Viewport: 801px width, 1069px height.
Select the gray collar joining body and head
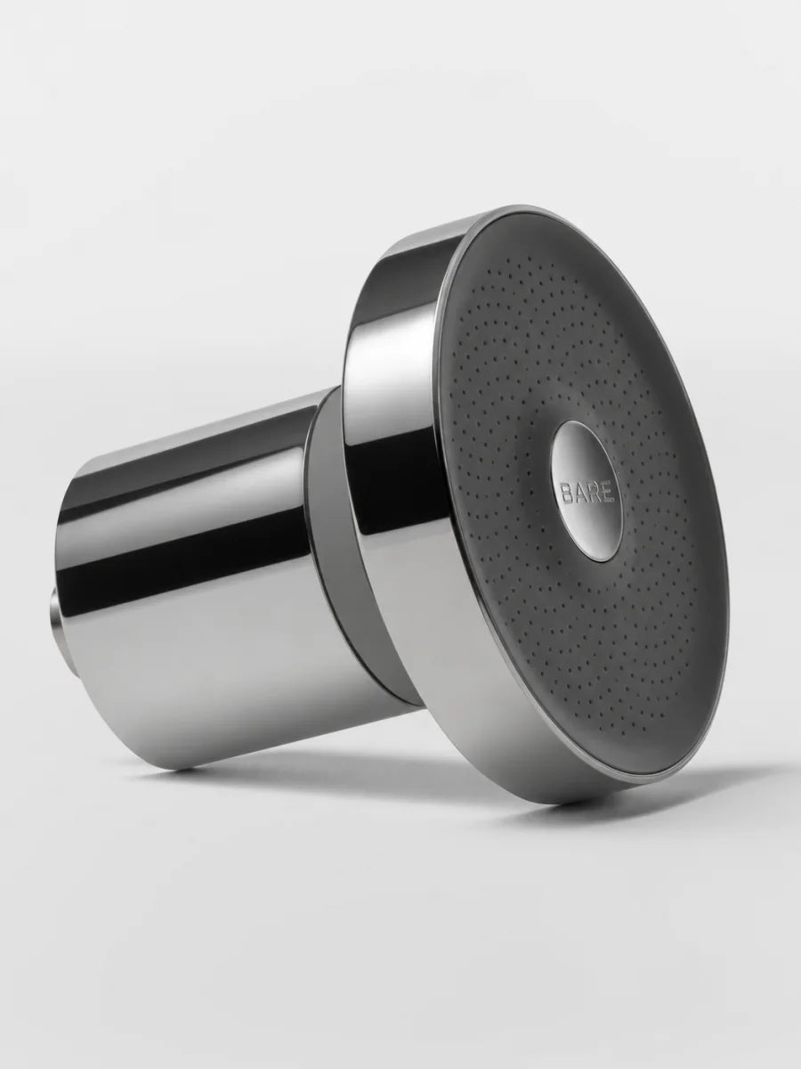click(x=336, y=560)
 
